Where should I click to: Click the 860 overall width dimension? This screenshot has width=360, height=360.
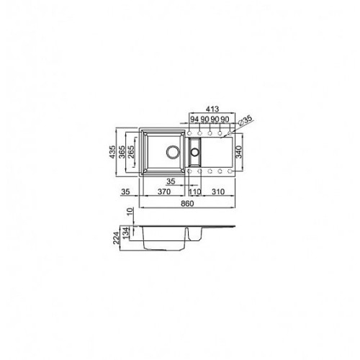coord(187,204)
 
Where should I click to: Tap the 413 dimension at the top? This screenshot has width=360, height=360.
coord(212,109)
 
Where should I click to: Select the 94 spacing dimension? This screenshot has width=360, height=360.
coord(194,119)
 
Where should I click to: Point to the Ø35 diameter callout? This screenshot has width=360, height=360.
coord(245,120)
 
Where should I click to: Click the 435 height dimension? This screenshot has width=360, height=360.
coord(112,152)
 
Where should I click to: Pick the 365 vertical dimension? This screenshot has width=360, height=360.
coord(122,152)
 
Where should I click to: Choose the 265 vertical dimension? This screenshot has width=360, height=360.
coord(131,152)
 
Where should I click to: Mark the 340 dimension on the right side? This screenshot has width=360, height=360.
coord(239,152)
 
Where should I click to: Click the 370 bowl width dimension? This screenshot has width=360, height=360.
coord(164,192)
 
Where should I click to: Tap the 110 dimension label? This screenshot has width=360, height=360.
coord(194,192)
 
